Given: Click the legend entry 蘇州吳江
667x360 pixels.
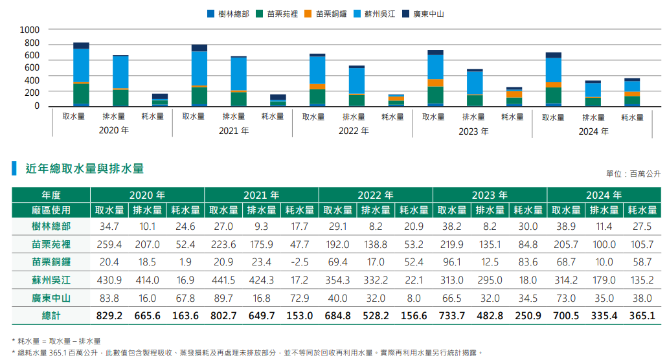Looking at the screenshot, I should [379, 14].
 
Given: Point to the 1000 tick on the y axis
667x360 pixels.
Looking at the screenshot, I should [30, 30].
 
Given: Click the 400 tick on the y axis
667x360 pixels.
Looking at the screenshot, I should [32, 80].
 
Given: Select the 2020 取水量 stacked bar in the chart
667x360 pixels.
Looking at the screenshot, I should [81, 74].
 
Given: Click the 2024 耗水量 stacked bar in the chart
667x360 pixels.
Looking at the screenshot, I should [632, 92].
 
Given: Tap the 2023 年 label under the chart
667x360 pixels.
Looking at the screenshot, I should [473, 131].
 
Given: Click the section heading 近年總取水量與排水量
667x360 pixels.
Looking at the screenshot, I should [84, 169].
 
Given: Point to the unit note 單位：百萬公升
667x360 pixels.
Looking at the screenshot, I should [633, 174].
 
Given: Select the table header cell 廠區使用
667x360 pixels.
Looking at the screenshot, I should [51, 210].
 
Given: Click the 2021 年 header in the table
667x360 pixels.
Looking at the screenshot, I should [261, 195].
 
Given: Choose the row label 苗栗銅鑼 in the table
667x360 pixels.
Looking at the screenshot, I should [51, 262].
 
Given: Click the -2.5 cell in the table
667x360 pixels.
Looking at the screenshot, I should [300, 262].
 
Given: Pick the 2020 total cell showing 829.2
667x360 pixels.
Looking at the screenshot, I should [109, 316].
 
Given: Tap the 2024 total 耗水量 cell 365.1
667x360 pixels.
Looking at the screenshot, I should [642, 316].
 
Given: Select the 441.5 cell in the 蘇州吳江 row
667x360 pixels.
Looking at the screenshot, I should [223, 280].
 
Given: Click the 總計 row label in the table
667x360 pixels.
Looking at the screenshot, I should [51, 316].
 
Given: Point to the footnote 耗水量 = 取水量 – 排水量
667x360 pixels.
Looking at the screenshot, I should [59, 341].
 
